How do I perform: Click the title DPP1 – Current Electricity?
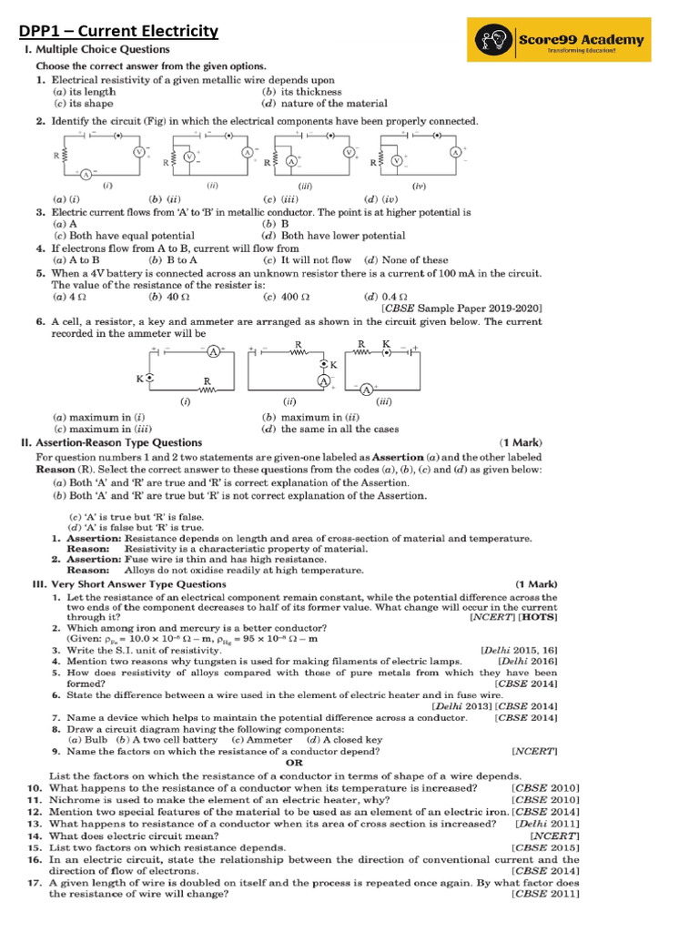point(119,33)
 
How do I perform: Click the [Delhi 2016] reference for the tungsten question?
point(526,661)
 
